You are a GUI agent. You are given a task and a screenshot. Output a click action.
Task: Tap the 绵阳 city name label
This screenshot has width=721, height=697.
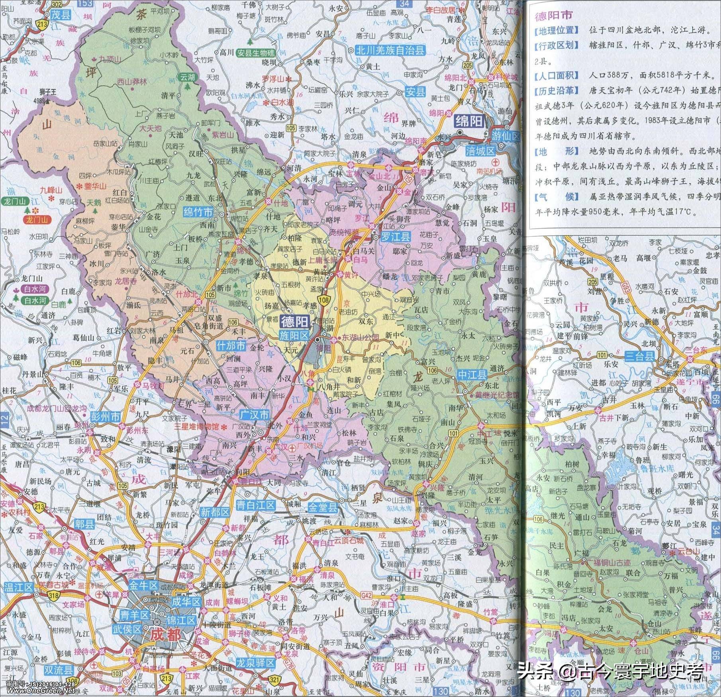tap(469, 121)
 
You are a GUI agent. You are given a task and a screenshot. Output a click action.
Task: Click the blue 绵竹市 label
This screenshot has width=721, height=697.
tap(198, 212)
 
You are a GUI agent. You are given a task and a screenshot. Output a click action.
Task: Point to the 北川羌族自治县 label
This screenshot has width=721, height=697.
tap(390, 51)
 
